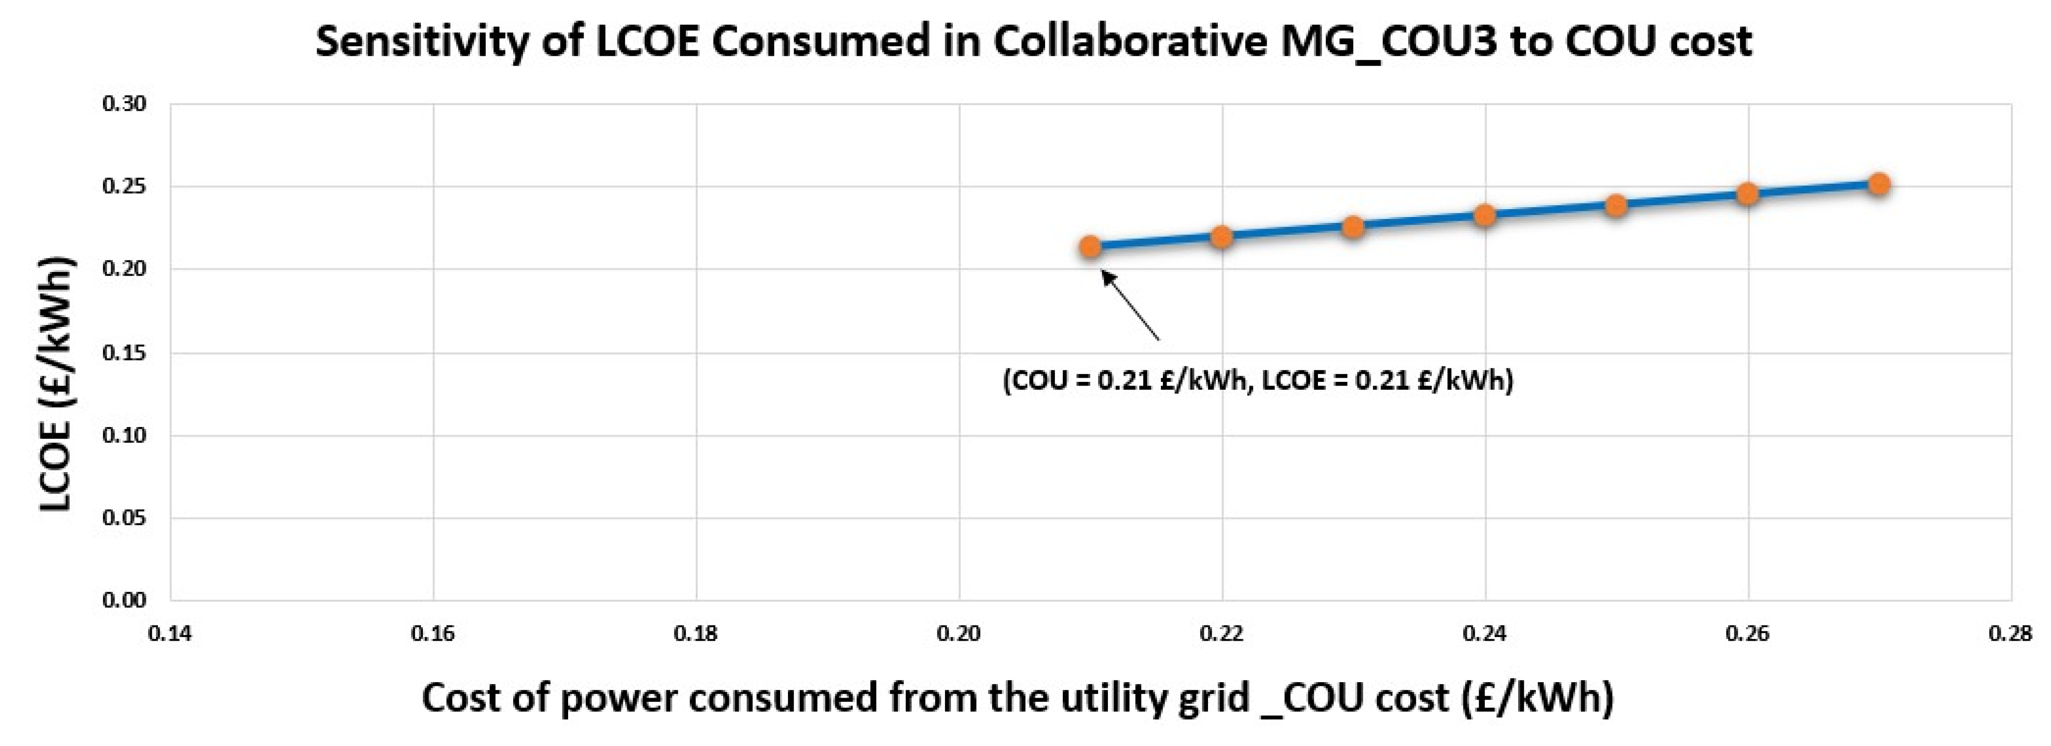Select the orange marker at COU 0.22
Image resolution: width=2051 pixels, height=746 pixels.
pos(1222,237)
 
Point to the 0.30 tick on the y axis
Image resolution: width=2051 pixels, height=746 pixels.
pos(124,104)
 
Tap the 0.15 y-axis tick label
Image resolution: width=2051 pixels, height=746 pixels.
pos(124,353)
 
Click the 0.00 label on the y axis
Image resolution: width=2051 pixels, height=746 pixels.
pos(124,600)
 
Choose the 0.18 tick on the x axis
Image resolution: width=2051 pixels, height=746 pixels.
pos(696,635)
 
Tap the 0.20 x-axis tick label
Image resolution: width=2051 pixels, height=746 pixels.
pos(958,635)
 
